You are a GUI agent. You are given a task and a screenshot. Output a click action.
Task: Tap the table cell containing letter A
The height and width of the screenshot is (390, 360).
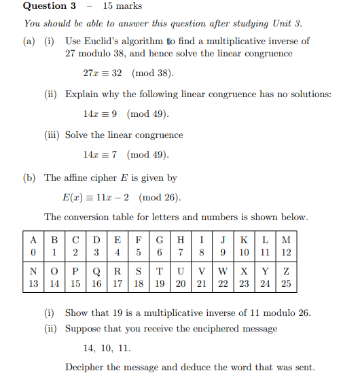tap(33, 239)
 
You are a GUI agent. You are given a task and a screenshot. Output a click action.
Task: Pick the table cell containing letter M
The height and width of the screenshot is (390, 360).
tap(286, 239)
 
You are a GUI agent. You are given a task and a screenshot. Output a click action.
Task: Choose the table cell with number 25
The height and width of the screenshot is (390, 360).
tap(286, 284)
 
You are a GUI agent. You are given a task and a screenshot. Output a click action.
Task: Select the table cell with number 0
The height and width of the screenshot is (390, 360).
tap(33, 252)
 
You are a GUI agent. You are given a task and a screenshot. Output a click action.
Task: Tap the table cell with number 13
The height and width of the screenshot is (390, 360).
tap(33, 284)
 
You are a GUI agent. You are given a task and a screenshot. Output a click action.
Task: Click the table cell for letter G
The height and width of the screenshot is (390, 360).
tap(160, 239)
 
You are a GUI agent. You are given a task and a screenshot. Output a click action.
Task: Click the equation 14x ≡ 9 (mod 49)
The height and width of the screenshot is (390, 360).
tap(126, 113)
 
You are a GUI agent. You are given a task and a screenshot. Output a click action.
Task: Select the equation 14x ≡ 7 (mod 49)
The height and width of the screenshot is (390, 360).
tap(126, 155)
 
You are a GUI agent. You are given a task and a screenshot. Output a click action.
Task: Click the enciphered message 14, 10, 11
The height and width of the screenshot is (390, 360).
tap(107, 348)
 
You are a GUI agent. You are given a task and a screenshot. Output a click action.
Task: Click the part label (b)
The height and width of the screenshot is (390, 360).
tap(29, 178)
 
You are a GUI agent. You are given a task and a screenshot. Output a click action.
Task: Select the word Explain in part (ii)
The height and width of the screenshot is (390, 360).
tap(82, 94)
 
